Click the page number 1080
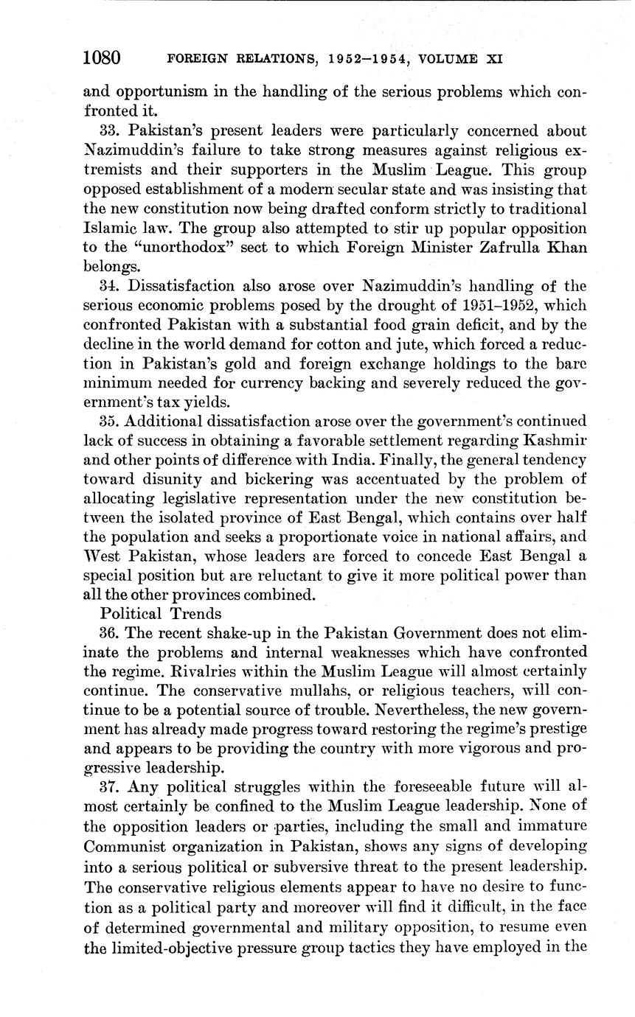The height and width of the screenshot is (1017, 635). pos(102,57)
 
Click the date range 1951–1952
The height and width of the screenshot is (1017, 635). pos(463,305)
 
